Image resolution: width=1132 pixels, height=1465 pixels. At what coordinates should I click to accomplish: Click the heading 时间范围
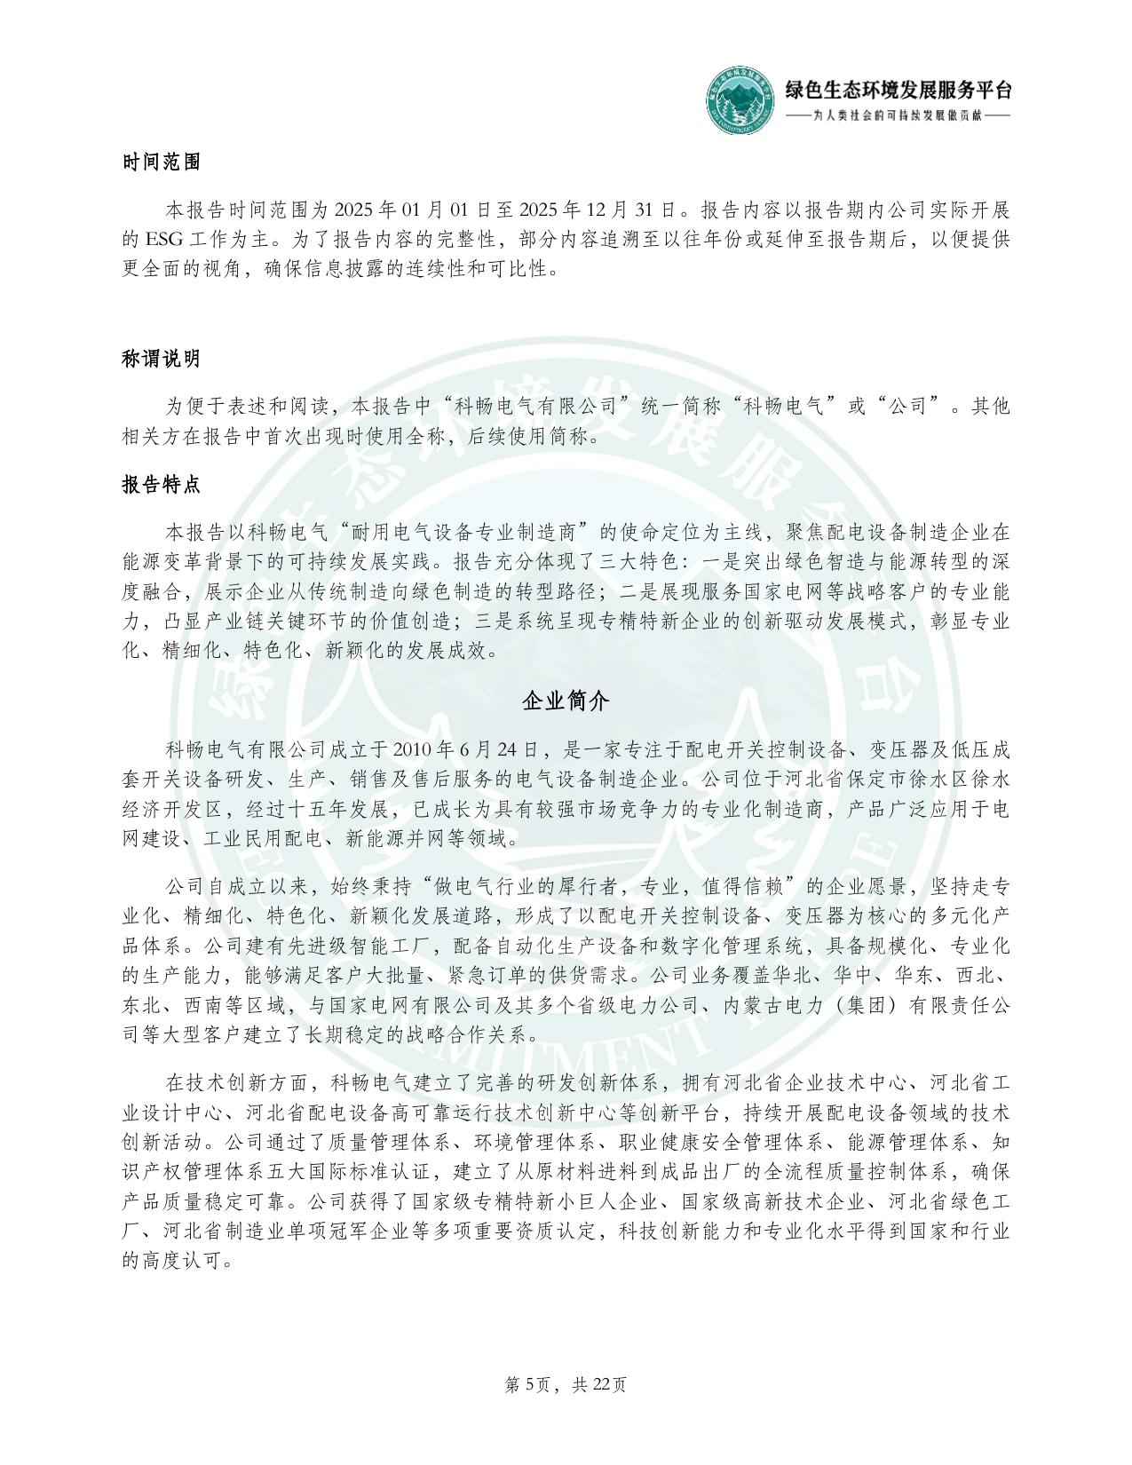click(161, 162)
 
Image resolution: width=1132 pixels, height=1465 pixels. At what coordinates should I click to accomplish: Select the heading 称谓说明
click(161, 359)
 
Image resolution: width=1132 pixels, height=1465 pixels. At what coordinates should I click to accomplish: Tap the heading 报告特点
click(161, 485)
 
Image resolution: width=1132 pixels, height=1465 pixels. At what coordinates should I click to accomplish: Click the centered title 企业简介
click(566, 701)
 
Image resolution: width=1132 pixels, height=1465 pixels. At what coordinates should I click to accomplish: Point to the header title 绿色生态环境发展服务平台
click(898, 90)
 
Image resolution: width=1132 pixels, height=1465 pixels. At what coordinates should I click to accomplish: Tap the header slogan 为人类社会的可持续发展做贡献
click(898, 116)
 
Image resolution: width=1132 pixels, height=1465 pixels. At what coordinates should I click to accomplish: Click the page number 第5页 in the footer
click(531, 1384)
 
